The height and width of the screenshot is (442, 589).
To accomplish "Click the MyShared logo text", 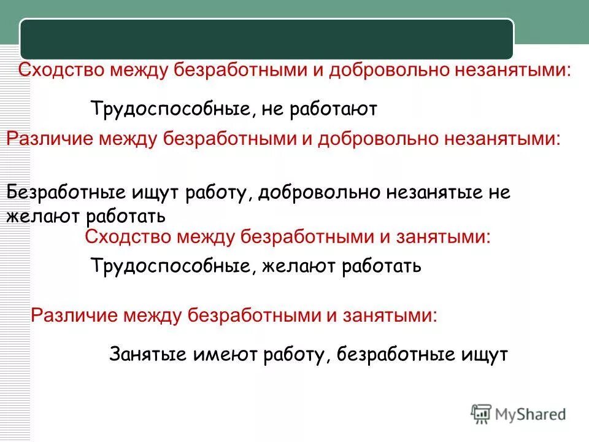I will pos(531,414).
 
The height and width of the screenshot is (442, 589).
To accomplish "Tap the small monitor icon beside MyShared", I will pos(481,414).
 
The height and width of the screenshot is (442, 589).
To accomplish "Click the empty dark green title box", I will pos(266,39).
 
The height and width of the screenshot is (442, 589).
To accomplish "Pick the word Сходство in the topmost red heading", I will pos(61,70).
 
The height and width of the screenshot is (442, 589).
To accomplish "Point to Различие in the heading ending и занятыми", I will pos(73,316).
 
